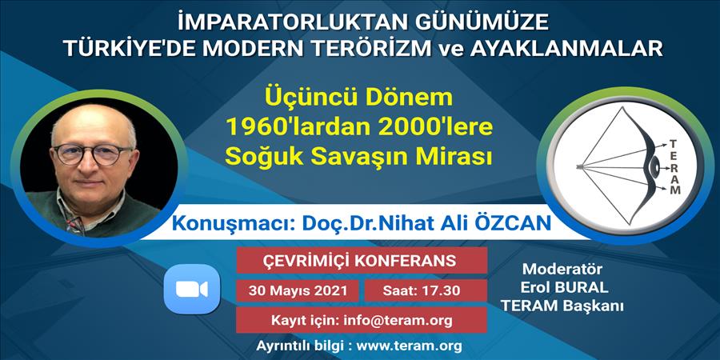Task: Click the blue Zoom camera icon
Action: (x=192, y=289)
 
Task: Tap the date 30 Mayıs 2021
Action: (x=298, y=290)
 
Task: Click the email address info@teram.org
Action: (x=398, y=320)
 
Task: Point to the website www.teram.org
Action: (x=409, y=345)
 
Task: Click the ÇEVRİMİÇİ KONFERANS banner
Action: (x=362, y=260)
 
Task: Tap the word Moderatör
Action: (x=562, y=269)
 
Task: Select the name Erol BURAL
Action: (x=564, y=287)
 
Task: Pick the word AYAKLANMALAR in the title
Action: (x=566, y=48)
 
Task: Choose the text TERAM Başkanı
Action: (x=563, y=306)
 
